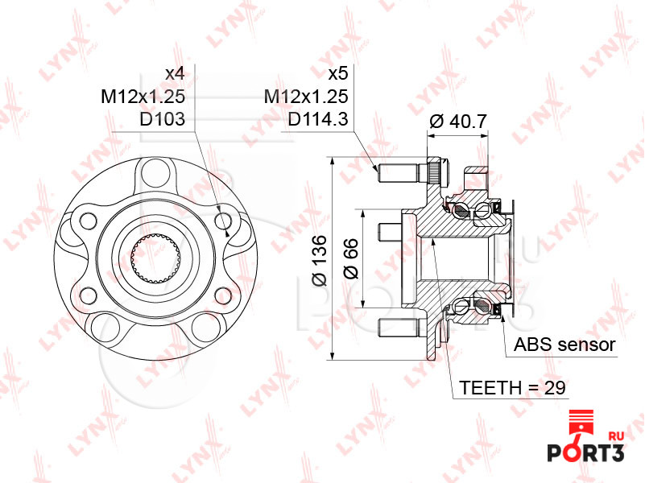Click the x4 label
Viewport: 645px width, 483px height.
point(175,73)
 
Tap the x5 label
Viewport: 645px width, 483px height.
point(337,73)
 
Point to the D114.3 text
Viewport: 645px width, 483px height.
point(317,120)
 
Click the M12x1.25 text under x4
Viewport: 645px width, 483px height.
point(143,97)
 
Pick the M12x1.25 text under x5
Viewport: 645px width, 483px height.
point(306,97)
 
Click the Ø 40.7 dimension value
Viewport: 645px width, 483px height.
point(457,122)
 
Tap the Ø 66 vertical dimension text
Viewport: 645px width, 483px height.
point(350,260)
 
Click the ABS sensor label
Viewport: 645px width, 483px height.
point(564,345)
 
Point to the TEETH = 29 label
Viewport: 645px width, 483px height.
point(513,387)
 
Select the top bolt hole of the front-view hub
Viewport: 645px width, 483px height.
point(153,171)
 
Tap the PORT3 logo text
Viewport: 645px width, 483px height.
point(587,452)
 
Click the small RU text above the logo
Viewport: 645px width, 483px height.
point(618,436)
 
